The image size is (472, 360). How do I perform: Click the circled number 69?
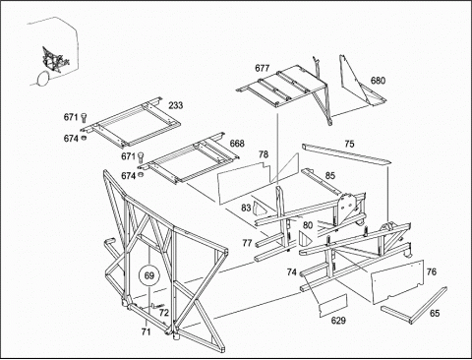coord(149,275)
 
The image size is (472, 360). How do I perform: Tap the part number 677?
coord(263,68)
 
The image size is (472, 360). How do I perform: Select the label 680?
coord(378,81)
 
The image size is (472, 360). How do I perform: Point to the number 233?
coord(176,105)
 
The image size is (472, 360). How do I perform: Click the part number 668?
coord(237,144)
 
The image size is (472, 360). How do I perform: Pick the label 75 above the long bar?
coord(349,144)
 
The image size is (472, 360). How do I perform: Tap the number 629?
coord(338,321)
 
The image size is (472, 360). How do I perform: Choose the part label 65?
coord(435,313)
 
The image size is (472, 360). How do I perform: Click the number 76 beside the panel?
coord(432,271)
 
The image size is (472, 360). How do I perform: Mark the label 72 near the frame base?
coord(163,313)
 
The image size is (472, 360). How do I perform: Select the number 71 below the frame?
coord(146,331)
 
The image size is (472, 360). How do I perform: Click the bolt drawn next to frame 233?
coord(85,118)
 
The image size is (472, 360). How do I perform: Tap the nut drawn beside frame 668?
coord(142,174)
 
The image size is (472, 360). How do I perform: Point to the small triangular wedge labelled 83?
coord(261,209)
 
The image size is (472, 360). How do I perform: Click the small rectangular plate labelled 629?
coord(333,306)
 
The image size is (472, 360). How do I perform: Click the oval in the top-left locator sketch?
coord(43,79)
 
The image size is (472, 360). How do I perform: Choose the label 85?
coord(330,176)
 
